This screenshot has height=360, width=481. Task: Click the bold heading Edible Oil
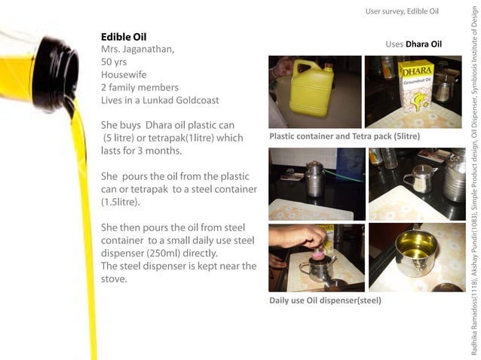coord(124,37)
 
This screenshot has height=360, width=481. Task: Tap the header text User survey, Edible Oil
coord(402,11)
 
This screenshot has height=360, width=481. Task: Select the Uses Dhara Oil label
coord(413,44)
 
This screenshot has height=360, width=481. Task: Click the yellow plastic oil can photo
coord(314,91)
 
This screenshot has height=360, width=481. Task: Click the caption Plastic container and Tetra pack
coord(345,136)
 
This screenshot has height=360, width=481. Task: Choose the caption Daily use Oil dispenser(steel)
coord(325,301)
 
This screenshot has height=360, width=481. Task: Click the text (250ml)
coord(173,253)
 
